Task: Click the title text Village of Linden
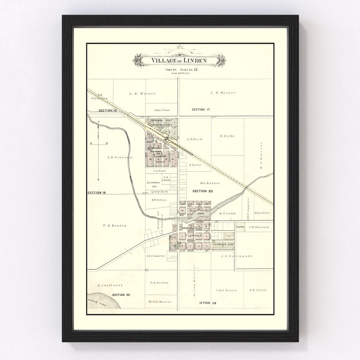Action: click(179, 61)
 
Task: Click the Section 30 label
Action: click(121, 295)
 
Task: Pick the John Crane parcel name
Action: click(162, 110)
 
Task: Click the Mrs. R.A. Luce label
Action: click(210, 183)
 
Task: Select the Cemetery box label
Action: click(241, 227)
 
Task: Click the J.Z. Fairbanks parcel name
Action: click(236, 256)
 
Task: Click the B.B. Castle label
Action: click(258, 290)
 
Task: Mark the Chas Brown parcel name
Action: click(227, 290)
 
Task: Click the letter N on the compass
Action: click(99, 122)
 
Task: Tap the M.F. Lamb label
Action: click(227, 213)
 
